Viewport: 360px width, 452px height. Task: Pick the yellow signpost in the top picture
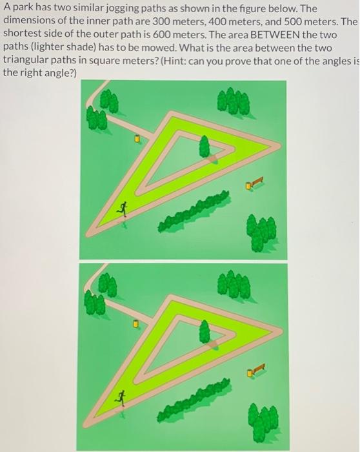click(137, 138)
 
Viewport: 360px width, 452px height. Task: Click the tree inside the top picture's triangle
click(205, 146)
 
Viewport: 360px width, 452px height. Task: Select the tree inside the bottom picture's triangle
click(205, 331)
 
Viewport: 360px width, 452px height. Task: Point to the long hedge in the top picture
click(194, 211)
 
